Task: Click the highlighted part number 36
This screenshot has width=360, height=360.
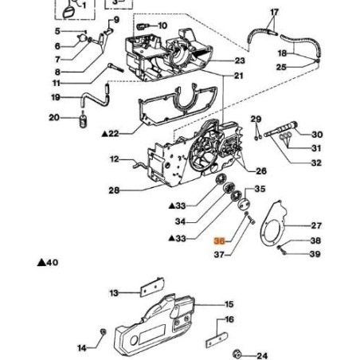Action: [219, 241]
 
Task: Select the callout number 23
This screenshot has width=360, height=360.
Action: [240, 61]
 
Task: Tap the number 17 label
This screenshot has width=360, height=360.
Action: [275, 12]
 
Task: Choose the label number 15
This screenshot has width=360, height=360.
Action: [229, 304]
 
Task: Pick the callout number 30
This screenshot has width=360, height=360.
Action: [317, 135]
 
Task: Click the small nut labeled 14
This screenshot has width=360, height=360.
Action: [101, 331]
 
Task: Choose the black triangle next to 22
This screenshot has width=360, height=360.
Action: [106, 133]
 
